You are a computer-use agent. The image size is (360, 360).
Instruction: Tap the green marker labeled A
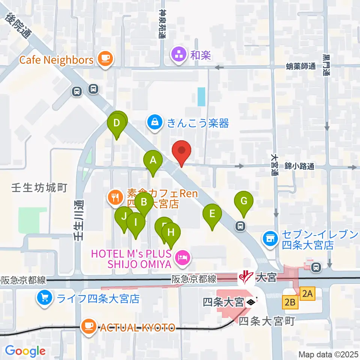153,161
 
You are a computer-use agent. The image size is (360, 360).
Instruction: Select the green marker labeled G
243,202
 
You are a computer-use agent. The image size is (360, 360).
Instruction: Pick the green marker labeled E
212,214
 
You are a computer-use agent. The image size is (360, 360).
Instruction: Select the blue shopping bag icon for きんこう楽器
155,122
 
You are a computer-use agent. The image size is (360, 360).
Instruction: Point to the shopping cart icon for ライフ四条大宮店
45,298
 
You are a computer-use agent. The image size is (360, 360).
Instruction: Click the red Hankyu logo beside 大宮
247,278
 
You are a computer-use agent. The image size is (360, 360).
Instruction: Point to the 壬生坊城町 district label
39,187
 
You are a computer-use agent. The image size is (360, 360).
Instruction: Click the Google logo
25,351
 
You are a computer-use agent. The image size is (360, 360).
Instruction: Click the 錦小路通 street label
298,166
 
